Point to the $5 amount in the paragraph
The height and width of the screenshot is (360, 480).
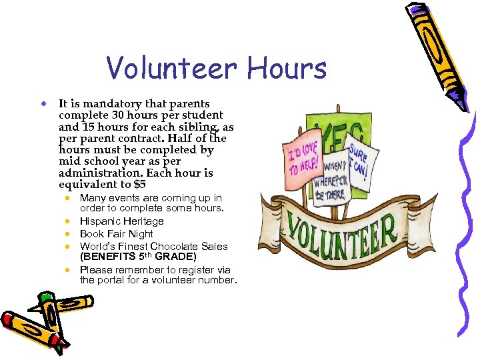point(139,185)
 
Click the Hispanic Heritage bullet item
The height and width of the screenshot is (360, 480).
point(121,221)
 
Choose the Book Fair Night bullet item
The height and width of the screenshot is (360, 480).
point(116,234)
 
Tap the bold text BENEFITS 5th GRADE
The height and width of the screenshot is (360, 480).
point(138,257)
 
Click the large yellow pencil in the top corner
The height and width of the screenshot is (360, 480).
point(437,50)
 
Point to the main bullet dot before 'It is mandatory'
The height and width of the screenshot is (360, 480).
point(42,105)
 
